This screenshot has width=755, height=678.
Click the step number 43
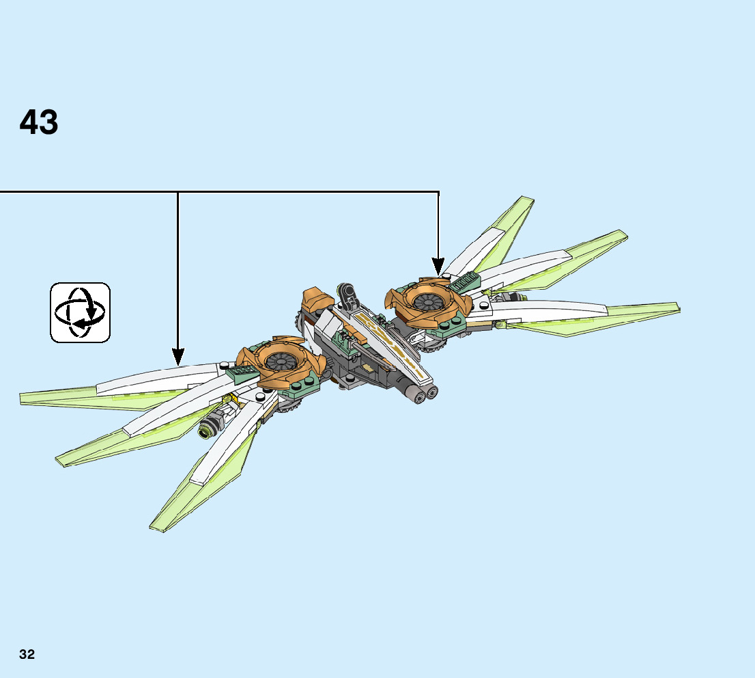pos(39,123)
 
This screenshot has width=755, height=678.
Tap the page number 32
pos(27,654)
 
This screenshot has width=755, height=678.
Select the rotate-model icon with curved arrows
pos(80,312)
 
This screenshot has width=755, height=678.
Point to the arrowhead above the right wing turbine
pos(438,266)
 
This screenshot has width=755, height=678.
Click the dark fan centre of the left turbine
pos(280,362)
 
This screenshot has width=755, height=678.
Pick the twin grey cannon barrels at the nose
pos(423,392)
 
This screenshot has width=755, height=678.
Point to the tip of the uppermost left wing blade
pos(23,396)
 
